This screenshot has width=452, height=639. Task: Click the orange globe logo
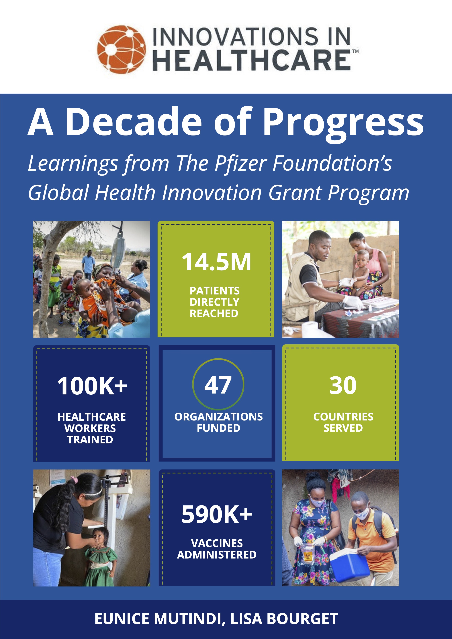coord(121,49)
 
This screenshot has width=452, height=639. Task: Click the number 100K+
coord(92,386)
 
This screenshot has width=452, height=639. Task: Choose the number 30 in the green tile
coord(343,386)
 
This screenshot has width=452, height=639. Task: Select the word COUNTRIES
coord(343,417)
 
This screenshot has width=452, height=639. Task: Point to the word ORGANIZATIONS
coord(218,417)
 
